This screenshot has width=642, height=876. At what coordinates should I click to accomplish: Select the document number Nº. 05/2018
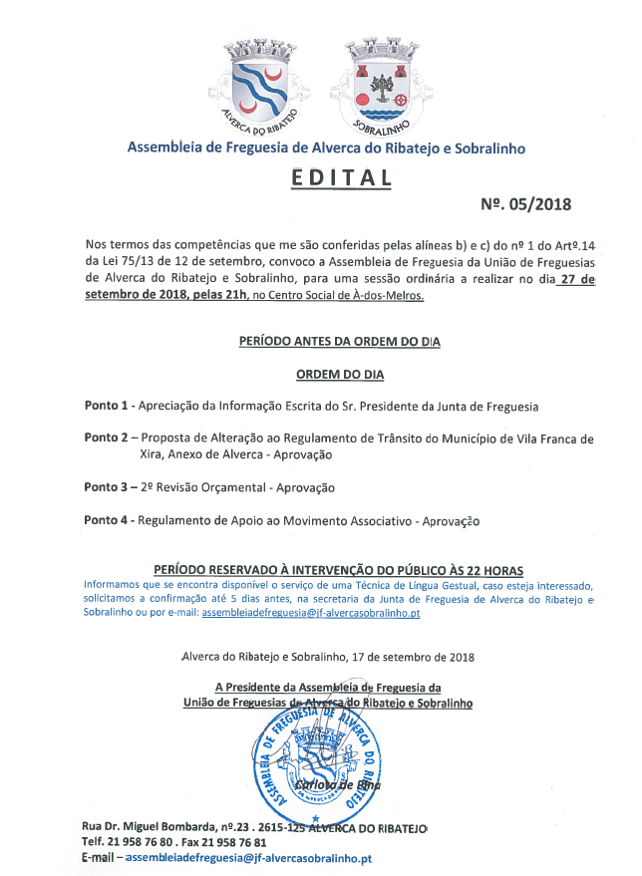click(x=525, y=204)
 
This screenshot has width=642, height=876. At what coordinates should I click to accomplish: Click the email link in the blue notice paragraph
click(x=310, y=614)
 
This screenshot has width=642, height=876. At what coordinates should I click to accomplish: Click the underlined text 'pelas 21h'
click(x=233, y=296)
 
